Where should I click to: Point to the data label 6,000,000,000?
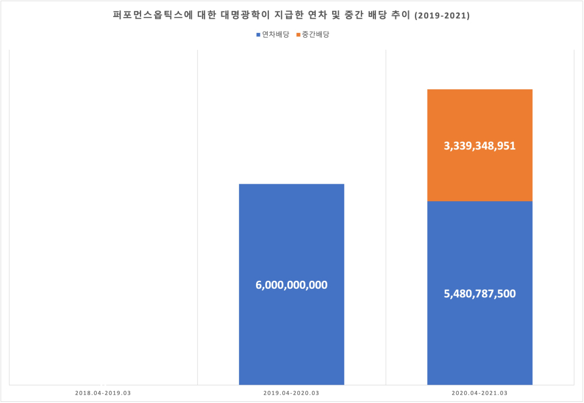pyautogui.click(x=291, y=284)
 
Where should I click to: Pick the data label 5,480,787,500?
pyautogui.click(x=479, y=294)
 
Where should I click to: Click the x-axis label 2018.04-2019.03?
pyautogui.click(x=103, y=393)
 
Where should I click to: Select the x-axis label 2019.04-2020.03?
pyautogui.click(x=291, y=393)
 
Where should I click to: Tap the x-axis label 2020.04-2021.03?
pyautogui.click(x=479, y=393)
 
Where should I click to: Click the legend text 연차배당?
pyautogui.click(x=275, y=35)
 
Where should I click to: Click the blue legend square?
pyautogui.click(x=258, y=35)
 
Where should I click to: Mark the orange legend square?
pyautogui.click(x=298, y=35)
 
